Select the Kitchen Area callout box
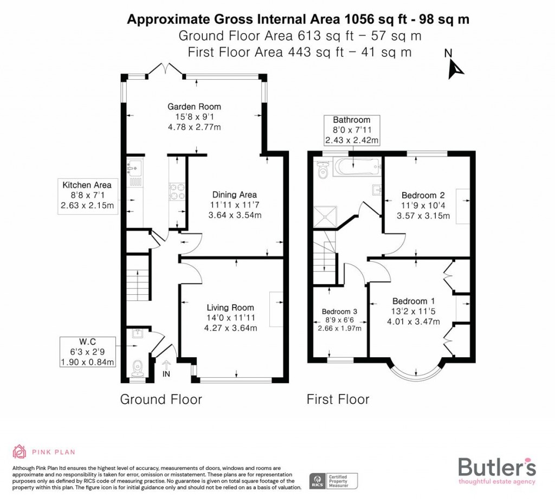point(87,195)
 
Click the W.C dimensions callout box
point(87,352)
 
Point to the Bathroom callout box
point(351,130)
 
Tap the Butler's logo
point(496,469)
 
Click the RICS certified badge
point(333,480)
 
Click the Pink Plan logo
point(44,451)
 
